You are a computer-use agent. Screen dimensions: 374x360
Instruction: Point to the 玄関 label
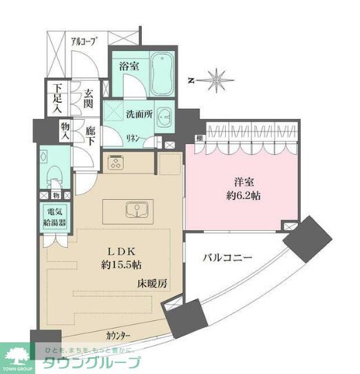90,99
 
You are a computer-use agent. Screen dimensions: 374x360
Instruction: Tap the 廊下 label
90,134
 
